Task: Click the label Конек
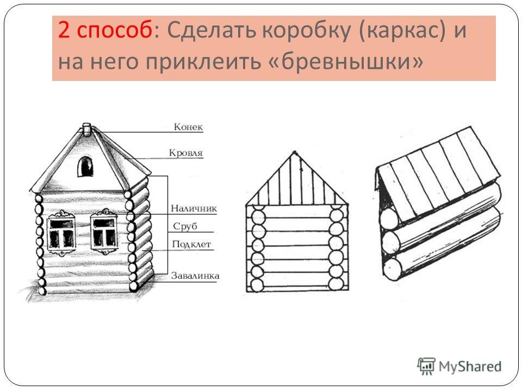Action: [188, 127]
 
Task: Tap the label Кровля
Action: [186, 153]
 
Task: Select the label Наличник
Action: [194, 209]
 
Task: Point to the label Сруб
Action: [185, 226]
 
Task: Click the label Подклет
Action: [191, 244]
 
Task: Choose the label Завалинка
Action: [195, 276]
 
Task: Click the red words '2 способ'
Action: [105, 30]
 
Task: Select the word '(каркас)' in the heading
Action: [402, 30]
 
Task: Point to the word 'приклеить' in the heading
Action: [203, 62]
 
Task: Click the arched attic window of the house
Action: [85, 167]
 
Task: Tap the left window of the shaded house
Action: [61, 233]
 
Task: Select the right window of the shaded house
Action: [104, 231]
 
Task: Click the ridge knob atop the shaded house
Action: [86, 129]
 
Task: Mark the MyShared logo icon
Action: [426, 366]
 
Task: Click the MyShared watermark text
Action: [470, 367]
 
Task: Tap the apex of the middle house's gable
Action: [294, 152]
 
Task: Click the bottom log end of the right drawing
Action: [393, 269]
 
